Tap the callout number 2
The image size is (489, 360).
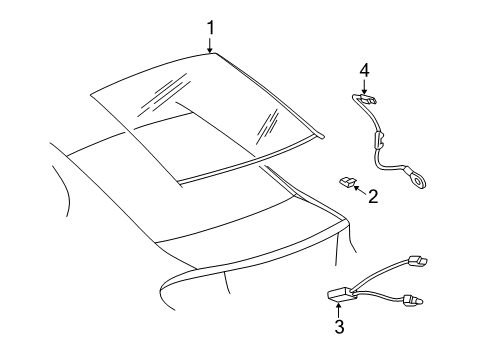(372, 195)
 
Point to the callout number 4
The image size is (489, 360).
(365, 71)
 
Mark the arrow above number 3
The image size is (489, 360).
(339, 305)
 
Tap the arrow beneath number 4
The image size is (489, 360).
(365, 88)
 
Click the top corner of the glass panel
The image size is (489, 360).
(212, 56)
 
